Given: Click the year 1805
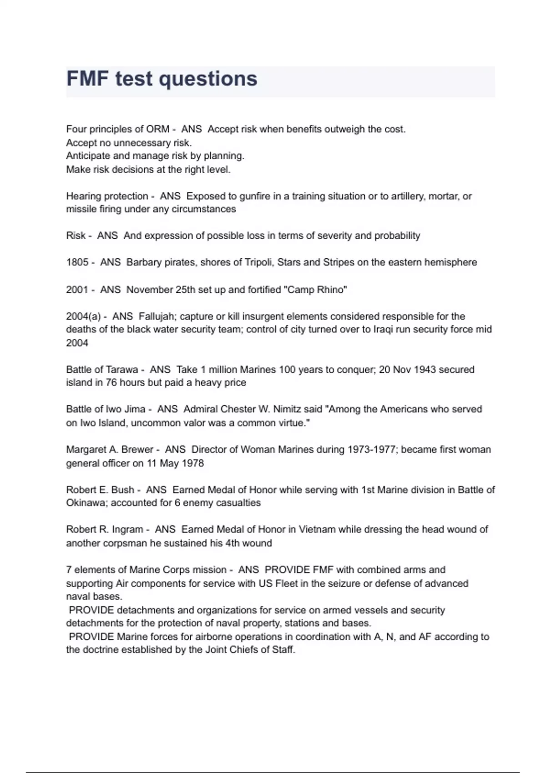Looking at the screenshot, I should (77, 262).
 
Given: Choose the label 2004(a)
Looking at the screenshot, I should (83, 316).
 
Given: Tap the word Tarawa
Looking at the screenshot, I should (121, 370).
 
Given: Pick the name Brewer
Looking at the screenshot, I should (136, 450).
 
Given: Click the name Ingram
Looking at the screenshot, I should (127, 530).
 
